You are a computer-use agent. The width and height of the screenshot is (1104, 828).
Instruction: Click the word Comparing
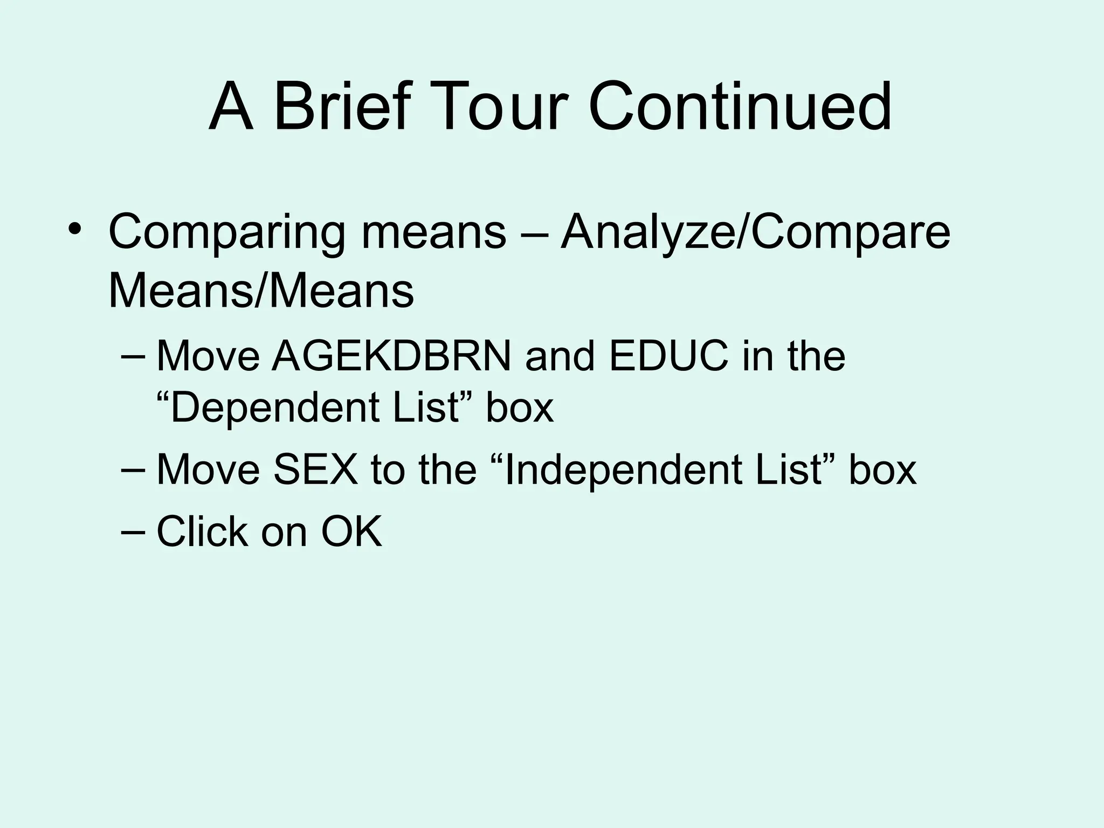pos(226,233)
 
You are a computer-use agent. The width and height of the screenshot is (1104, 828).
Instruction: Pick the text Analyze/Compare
pos(755,233)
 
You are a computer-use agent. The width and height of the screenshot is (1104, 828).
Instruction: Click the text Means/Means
pos(261,291)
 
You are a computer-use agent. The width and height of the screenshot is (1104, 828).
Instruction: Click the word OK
pos(351,532)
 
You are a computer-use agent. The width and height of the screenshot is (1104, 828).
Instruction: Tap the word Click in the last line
pos(202,532)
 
